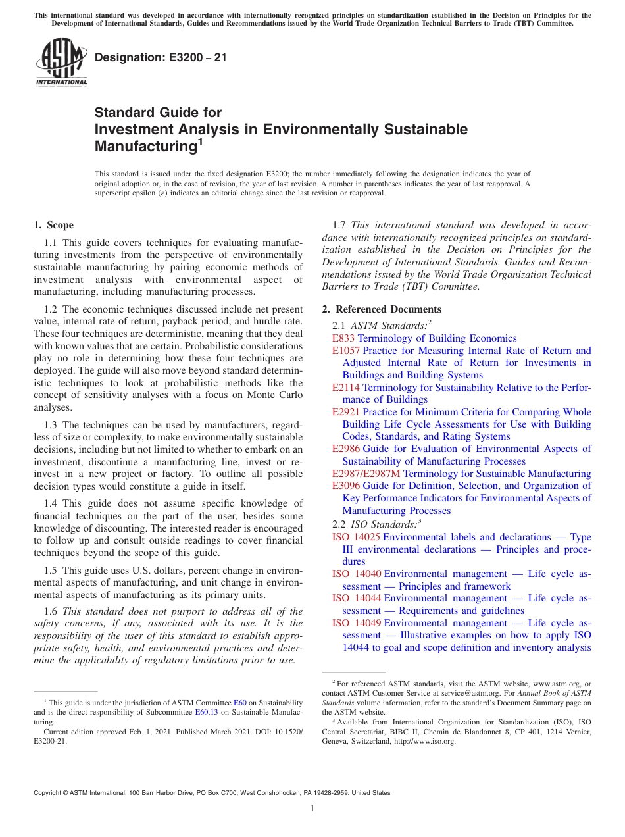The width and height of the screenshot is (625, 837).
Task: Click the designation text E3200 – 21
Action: (x=161, y=57)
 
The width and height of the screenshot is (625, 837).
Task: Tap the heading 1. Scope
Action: (x=53, y=225)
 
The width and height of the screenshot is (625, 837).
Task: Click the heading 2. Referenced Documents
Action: (x=382, y=309)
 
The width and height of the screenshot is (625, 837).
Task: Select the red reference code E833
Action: (x=343, y=338)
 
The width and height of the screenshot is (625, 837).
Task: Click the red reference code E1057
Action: (x=346, y=351)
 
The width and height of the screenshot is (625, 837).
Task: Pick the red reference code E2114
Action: (x=346, y=388)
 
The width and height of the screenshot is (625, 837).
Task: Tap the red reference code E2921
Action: (x=346, y=412)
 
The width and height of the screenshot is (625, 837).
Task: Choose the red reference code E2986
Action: (x=346, y=449)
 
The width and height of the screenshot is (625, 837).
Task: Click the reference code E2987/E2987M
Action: (x=366, y=474)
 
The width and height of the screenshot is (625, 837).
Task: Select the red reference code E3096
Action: (x=346, y=486)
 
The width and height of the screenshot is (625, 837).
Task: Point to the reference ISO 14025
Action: (x=356, y=537)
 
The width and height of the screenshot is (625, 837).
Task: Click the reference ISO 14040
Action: (x=356, y=574)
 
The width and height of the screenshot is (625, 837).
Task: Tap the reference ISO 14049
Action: (x=356, y=623)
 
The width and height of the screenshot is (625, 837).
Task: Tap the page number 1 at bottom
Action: (x=312, y=809)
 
